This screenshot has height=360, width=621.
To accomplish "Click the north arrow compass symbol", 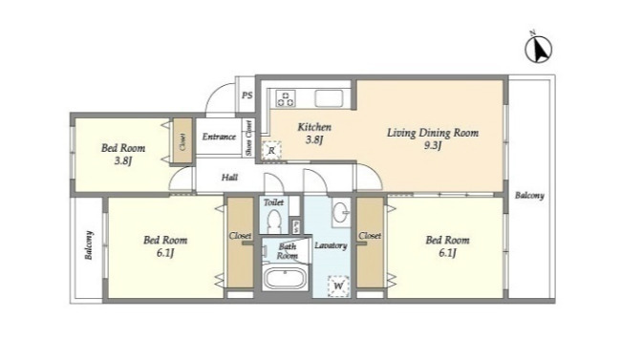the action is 538,49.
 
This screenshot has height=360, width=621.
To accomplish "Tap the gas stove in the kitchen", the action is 286,98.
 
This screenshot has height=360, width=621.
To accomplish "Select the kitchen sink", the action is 329,98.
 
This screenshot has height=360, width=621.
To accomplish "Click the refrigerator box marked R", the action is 271,151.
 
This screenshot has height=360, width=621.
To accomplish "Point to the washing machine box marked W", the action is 338,286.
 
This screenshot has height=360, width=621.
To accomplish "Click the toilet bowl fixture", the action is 273,222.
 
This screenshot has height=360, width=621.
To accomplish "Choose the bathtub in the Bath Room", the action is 285,279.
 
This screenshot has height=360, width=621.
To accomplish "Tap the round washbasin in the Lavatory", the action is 340,214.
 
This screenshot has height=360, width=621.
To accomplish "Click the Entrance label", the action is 219,138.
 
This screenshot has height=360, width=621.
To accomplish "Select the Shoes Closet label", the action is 248,138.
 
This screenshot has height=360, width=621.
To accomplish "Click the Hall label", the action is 229,177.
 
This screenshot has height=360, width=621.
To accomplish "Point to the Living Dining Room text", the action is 433,133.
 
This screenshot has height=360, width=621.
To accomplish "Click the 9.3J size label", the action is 433,146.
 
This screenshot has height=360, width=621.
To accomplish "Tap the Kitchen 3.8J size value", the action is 314,139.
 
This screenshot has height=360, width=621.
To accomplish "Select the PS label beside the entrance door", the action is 247,95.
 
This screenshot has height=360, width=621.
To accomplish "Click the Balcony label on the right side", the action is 529,195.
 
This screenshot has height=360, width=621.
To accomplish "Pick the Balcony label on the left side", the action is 89,245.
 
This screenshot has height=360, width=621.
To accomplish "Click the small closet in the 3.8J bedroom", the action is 182,140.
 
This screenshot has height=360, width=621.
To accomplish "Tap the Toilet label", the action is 273,202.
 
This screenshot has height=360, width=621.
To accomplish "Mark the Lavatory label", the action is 331,245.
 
